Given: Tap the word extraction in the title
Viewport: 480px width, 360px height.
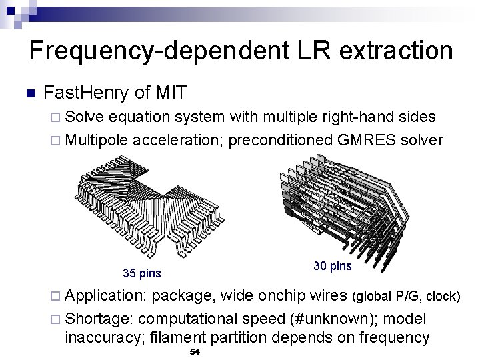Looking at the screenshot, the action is click(x=387, y=51).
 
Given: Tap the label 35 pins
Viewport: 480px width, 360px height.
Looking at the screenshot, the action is click(x=143, y=273).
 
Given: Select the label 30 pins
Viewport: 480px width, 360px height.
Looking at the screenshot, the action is click(x=332, y=266).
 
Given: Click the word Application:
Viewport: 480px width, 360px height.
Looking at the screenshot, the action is click(x=106, y=296).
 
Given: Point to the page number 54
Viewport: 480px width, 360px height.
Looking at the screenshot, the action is click(x=195, y=351).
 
